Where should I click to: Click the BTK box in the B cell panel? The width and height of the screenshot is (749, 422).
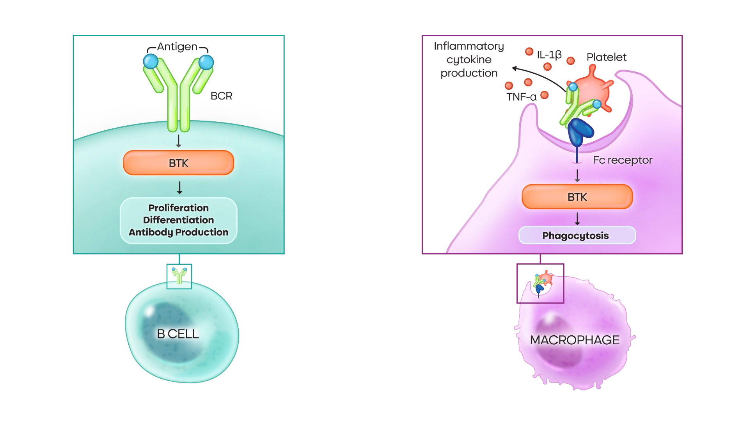pos(178,163)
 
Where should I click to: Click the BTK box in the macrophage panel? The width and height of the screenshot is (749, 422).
pos(577,197)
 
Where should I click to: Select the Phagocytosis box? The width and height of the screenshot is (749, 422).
pos(577,235)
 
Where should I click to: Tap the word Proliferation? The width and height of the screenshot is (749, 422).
pos(178,208)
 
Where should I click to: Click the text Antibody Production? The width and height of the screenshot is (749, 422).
pos(178,232)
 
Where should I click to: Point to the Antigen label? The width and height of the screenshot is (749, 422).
pos(177,46)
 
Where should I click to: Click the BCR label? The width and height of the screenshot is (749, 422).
pos(221,96)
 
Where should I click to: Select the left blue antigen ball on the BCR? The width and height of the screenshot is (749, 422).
pos(151,61)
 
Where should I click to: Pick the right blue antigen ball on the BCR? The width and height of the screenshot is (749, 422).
pos(206,62)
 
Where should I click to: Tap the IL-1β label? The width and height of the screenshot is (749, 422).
pos(549,55)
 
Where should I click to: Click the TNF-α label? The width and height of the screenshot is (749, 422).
pos(521,97)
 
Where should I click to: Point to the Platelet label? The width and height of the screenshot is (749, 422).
pos(606,57)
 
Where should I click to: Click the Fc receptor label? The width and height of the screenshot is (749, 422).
pos(623,160)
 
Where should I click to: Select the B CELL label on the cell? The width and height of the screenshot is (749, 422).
pos(178,334)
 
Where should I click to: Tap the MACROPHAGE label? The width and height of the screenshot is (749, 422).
pos(575,340)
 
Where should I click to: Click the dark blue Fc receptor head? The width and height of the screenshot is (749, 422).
pos(580,132)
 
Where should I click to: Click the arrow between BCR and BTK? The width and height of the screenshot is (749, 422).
pos(179,141)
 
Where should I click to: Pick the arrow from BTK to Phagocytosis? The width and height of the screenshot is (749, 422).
pos(577,219)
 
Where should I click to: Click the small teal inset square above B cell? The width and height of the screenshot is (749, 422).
pos(179,276)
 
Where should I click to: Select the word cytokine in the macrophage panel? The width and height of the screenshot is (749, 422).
pos(469,60)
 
